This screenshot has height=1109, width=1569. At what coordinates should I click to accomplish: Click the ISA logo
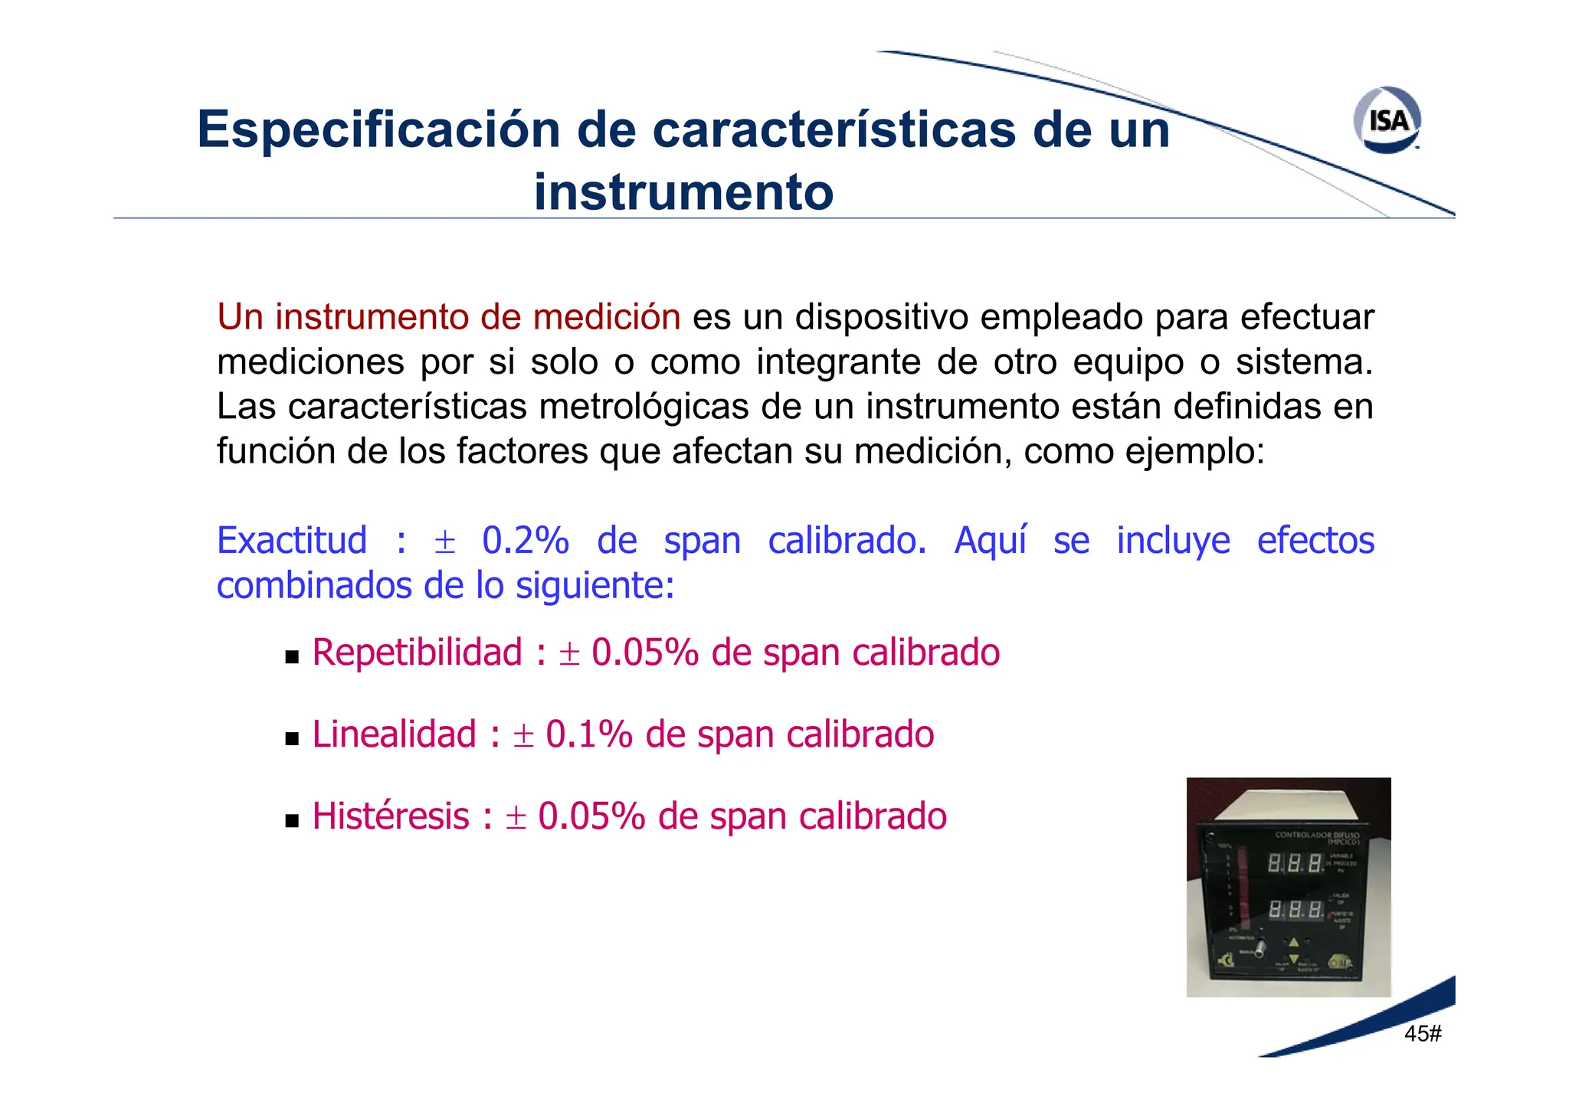[1387, 120]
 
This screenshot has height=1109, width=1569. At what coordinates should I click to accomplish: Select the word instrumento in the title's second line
[683, 191]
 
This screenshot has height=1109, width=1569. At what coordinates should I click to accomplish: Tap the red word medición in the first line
[606, 317]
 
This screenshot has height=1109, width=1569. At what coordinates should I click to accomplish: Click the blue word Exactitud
[292, 541]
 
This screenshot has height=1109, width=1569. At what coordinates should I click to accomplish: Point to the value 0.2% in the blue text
[525, 541]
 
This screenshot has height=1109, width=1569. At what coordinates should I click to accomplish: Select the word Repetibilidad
[418, 653]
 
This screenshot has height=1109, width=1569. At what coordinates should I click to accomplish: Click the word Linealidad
[395, 734]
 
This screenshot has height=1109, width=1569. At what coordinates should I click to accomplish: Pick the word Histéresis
[391, 816]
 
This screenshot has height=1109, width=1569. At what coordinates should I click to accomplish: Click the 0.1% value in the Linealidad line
[588, 734]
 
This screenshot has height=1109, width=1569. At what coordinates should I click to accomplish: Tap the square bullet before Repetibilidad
[291, 656]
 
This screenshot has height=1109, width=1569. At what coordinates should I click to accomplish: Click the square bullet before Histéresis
[291, 821]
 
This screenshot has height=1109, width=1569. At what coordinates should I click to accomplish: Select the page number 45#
[1423, 1034]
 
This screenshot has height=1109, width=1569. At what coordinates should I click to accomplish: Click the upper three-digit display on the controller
[1295, 864]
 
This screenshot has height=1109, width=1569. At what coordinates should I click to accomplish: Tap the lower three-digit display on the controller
[1295, 910]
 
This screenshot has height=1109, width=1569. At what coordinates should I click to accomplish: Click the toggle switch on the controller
[1260, 950]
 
